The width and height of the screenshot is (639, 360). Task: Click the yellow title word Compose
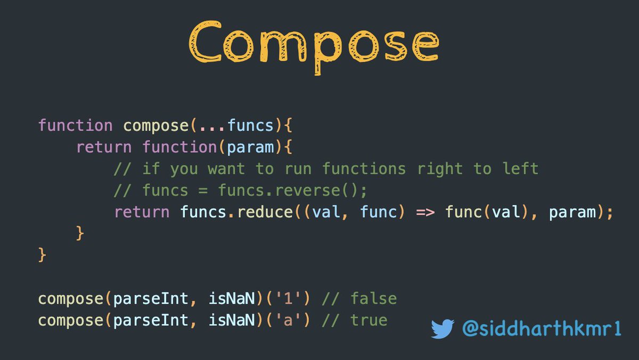tap(314, 42)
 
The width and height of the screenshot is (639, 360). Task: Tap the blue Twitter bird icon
tap(443, 329)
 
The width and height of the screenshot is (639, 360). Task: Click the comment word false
tap(373, 298)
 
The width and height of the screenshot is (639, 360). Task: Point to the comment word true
tap(368, 320)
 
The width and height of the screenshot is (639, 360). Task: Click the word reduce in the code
tap(265, 212)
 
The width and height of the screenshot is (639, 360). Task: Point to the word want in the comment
tap(226, 169)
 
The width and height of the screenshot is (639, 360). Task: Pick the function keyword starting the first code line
tap(75, 126)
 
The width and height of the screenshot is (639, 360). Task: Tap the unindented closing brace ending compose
tap(43, 255)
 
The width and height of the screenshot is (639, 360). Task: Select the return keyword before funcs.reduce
tap(142, 212)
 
